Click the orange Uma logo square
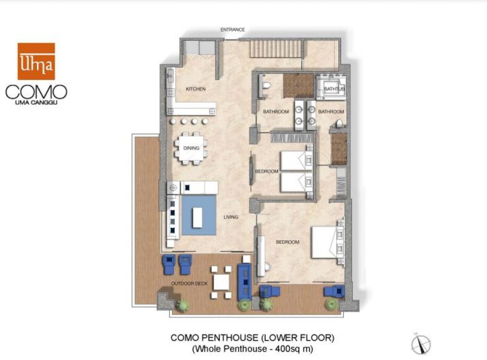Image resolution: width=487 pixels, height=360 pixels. point(36,61)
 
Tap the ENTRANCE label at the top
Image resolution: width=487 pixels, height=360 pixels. point(233,30)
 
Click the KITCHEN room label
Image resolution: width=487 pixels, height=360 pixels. point(196,89)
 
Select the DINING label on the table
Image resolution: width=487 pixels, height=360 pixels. point(191,148)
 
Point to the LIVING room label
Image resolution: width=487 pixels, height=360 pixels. point(231,217)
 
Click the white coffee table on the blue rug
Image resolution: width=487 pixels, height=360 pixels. point(199,217)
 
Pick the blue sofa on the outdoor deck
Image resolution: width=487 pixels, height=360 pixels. point(245,281)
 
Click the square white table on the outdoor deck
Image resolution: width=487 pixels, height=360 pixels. point(221,282)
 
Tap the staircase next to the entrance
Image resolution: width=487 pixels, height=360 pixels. point(276,49)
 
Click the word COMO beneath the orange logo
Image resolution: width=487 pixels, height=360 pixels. point(36,91)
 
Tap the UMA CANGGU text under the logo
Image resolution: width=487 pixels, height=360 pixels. point(36,102)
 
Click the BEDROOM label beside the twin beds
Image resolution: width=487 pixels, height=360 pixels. point(266,171)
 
